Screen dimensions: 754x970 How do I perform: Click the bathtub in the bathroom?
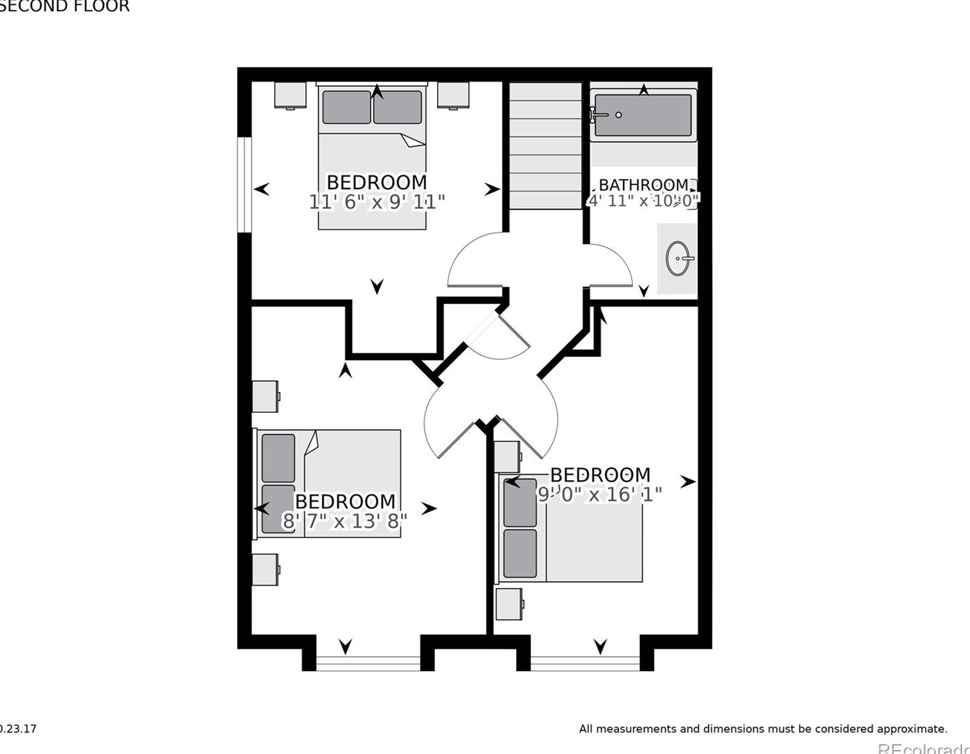click(643, 115)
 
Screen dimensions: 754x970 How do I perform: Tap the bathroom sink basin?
click(678, 258)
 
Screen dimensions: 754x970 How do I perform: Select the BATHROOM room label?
click(643, 185)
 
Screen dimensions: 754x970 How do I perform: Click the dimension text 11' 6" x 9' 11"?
click(377, 202)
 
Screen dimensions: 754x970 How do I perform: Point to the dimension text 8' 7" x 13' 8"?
click(344, 521)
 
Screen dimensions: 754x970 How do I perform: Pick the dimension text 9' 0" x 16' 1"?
click(599, 494)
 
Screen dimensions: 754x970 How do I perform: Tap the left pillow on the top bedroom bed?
click(346, 108)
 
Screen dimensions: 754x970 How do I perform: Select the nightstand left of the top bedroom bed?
click(290, 95)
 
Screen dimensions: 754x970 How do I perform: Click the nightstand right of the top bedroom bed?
click(453, 95)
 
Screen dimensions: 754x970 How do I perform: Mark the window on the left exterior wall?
click(245, 184)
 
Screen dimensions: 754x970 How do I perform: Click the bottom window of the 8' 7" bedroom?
click(369, 663)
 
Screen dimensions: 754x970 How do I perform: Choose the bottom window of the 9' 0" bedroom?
click(585, 663)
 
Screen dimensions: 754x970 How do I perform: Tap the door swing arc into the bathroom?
click(612, 264)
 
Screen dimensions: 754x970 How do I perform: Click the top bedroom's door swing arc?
click(473, 261)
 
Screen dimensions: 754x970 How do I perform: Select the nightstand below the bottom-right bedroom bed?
click(509, 604)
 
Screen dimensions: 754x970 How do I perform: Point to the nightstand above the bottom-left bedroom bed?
click(265, 397)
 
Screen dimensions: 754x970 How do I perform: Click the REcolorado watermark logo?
click(923, 748)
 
